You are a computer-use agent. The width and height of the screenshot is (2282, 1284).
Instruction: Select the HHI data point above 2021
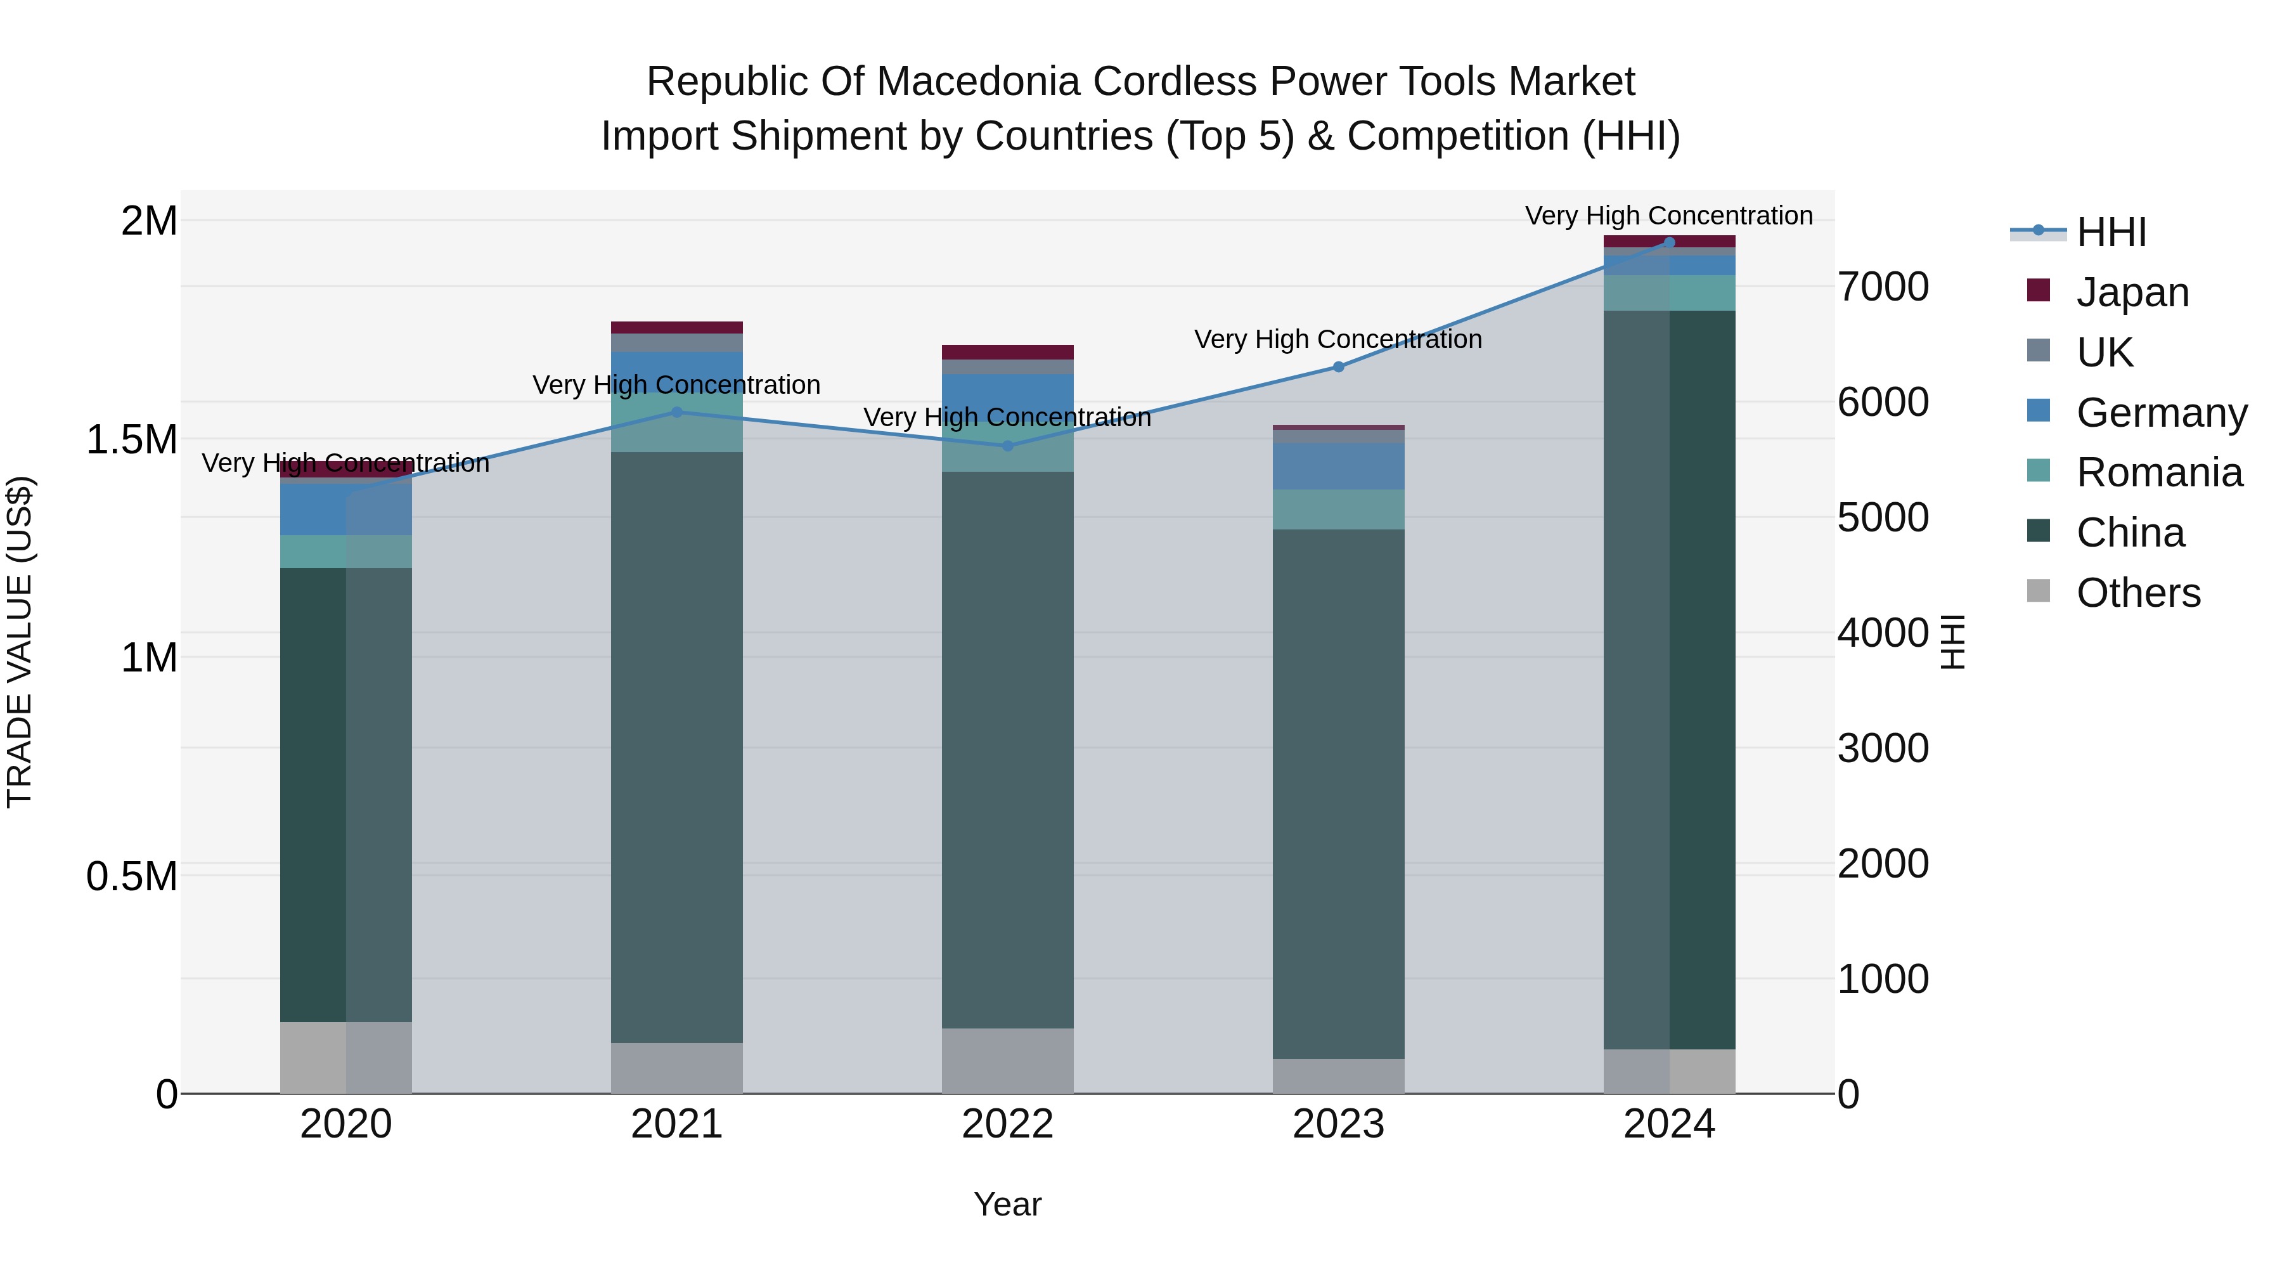click(x=677, y=412)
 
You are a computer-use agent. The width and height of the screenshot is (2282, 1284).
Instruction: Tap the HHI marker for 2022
click(x=1007, y=446)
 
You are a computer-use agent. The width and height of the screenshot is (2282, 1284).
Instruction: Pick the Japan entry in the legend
click(x=2131, y=292)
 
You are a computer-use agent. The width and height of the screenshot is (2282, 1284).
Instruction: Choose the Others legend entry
click(x=2137, y=593)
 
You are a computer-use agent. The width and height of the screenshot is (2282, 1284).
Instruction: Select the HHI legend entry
click(x=2110, y=232)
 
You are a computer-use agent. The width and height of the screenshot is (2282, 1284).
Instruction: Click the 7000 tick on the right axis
click(x=1883, y=287)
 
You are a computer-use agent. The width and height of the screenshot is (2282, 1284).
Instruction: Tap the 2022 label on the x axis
click(x=1007, y=1124)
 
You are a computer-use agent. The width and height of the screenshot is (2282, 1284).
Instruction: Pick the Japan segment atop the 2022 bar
click(x=1007, y=352)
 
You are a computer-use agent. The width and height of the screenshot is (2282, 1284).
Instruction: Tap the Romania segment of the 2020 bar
click(x=345, y=551)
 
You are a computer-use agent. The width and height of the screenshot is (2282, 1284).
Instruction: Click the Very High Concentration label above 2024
click(x=1668, y=216)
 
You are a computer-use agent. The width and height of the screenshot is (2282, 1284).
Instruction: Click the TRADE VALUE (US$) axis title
click(x=20, y=642)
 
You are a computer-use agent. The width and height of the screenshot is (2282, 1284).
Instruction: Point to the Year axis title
click(x=1007, y=1204)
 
